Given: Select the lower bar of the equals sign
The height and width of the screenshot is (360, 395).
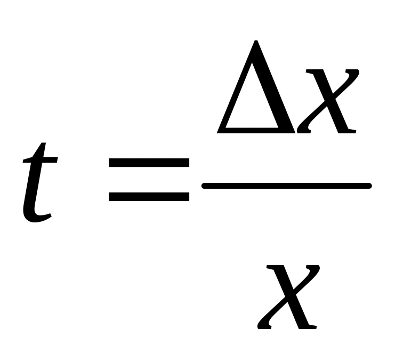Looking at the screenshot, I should coord(149,196).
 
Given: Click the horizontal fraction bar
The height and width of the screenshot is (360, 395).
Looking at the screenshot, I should coord(286,186).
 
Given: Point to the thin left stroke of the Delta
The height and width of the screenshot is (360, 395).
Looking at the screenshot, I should coord(235,91).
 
